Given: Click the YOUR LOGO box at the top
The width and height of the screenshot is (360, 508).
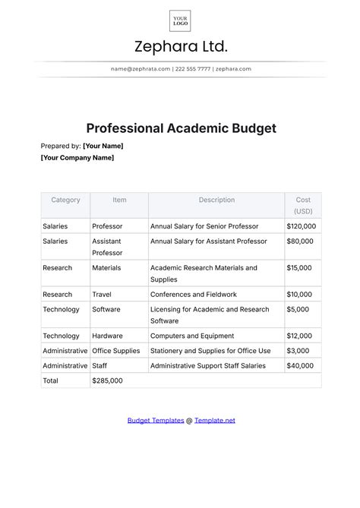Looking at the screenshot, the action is (x=180, y=20).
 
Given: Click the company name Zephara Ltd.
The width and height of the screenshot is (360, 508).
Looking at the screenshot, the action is (x=180, y=47).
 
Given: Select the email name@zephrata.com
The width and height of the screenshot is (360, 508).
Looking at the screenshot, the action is (x=140, y=69).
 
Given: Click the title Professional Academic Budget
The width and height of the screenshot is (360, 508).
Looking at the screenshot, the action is (x=180, y=128).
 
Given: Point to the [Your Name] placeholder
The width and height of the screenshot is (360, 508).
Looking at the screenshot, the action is (x=103, y=146).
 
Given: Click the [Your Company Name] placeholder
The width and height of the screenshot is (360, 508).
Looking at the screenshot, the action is (x=77, y=158).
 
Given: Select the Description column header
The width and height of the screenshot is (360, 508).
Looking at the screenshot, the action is (x=216, y=200).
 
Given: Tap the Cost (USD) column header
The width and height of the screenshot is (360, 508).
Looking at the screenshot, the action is (x=303, y=205).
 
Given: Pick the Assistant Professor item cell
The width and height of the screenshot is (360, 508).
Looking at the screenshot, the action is (x=107, y=247).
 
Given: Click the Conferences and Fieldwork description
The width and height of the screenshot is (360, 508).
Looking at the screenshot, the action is (x=194, y=295).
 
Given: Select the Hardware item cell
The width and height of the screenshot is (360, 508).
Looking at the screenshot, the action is (x=107, y=336).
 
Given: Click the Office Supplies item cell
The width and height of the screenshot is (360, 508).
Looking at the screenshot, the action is (x=115, y=351).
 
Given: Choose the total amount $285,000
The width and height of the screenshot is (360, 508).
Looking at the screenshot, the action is (x=107, y=380).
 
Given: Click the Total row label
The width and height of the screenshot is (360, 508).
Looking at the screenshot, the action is (x=50, y=380).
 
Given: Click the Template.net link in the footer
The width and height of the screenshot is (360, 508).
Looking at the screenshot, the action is (x=215, y=420).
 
